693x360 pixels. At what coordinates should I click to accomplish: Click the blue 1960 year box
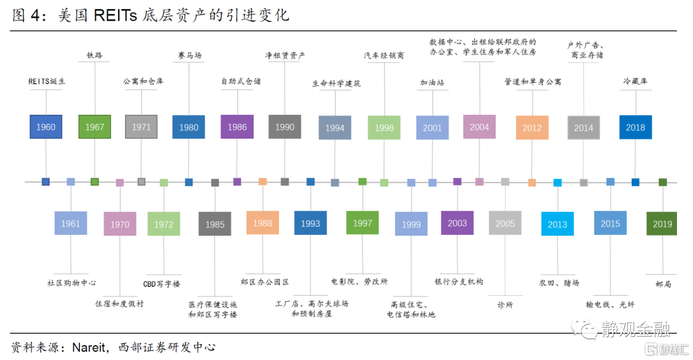coord(46,127)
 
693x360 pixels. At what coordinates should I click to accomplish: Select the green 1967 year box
coord(94,127)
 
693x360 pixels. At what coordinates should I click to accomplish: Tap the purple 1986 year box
coord(237,127)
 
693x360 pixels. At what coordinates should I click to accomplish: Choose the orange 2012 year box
coord(532,128)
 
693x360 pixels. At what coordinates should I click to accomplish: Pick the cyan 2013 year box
coord(558,224)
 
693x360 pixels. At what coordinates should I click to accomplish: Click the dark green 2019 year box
coord(662,224)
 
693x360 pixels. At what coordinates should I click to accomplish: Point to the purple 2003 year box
coord(458,223)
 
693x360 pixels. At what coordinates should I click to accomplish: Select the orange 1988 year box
coord(262,223)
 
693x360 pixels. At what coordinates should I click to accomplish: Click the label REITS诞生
coord(47,81)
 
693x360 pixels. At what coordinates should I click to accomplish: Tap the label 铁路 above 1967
coord(94,55)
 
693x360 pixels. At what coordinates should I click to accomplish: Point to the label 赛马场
coord(189,55)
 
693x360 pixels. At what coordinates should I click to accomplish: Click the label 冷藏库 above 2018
coord(635,81)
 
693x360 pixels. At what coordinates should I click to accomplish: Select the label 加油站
coord(432,82)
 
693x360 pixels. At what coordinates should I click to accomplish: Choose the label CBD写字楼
coord(162,284)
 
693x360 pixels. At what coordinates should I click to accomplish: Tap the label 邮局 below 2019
coord(663,284)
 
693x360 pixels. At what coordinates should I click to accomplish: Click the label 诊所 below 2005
coord(505,305)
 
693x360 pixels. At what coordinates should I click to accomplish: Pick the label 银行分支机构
coord(459,282)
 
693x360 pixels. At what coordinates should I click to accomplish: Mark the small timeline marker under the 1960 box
coord(46,182)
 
